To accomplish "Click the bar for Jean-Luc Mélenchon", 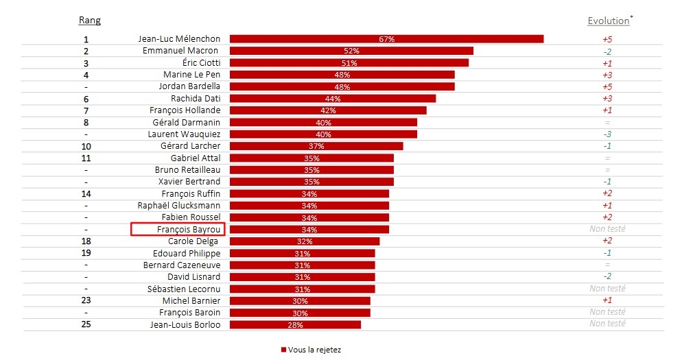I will coord(386,39).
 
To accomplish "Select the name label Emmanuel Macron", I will coord(180,51).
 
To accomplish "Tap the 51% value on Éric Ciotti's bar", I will coord(349,63).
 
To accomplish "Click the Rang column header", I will coord(90,21).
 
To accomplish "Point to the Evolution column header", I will coord(608,21).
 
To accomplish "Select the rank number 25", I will coord(86,324).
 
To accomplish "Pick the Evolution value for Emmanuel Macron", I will coord(607,51).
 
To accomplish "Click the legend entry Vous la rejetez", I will coord(311,350).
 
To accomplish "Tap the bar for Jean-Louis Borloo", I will coord(295,324).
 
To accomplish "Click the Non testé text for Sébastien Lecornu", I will coord(607,289).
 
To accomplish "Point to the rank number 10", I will coord(86,146).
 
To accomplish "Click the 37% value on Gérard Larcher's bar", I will coord(316,146).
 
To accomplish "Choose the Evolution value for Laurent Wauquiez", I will coord(607,134).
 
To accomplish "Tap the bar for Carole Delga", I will coord(305,241).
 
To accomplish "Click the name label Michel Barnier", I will coord(191,301).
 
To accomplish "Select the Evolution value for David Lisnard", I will coord(607,277).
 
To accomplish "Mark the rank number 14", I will coord(86,194).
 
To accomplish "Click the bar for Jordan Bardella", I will coord(342,86).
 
